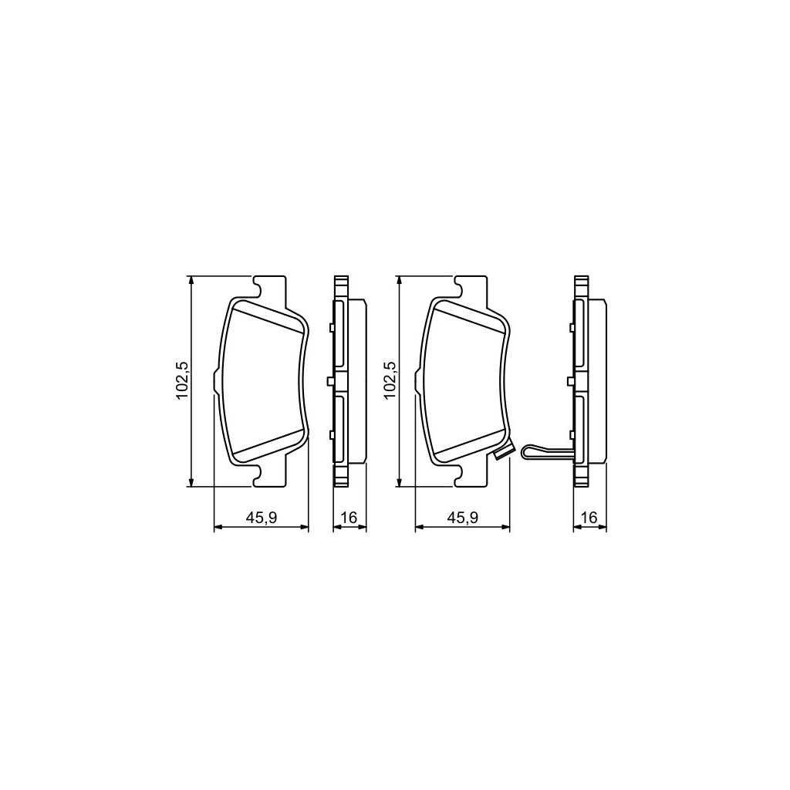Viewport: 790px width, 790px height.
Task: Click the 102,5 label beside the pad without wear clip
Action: [x=183, y=380]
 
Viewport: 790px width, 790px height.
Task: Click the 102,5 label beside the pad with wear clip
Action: [x=390, y=380]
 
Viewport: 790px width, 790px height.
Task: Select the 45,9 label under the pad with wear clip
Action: [x=464, y=518]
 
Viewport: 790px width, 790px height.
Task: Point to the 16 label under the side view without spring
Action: [x=349, y=518]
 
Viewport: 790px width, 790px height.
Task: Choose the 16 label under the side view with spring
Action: [x=589, y=518]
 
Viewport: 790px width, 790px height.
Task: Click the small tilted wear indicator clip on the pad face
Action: [x=503, y=454]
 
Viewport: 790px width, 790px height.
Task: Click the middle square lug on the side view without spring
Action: [x=331, y=381]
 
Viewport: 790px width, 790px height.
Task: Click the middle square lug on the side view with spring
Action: [x=570, y=381]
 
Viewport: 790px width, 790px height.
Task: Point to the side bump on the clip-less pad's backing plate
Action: [x=216, y=382]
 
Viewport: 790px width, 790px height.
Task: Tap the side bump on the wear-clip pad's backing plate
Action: [x=417, y=382]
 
